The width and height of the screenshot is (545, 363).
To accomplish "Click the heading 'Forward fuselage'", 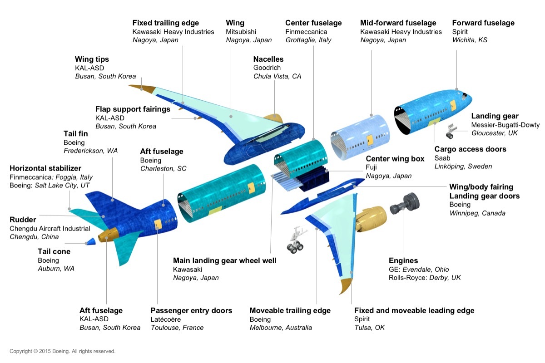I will pyautogui.click(x=483, y=23).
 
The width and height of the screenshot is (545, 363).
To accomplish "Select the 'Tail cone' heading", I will pyautogui.click(x=54, y=251).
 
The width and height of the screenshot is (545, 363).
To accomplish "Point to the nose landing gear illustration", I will pyautogui.click(x=449, y=131).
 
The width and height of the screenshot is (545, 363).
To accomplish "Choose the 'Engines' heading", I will pyautogui.click(x=403, y=260).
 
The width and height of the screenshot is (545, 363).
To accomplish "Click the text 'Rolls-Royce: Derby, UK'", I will pyautogui.click(x=425, y=278).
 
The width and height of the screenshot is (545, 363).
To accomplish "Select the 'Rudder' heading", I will pyautogui.click(x=23, y=220).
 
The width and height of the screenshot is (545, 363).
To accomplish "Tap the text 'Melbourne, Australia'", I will pyautogui.click(x=281, y=328).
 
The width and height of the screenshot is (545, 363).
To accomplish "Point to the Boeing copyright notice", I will pyautogui.click(x=63, y=351).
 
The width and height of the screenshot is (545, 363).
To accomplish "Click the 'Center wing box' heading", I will pyautogui.click(x=395, y=159).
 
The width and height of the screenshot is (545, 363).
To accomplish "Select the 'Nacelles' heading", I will pyautogui.click(x=268, y=59).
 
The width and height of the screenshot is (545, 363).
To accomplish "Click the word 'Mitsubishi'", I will pyautogui.click(x=241, y=32).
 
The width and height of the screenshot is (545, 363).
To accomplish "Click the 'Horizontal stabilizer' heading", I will pyautogui.click(x=45, y=168).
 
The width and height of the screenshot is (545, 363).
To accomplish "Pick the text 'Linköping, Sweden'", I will pyautogui.click(x=463, y=167).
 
